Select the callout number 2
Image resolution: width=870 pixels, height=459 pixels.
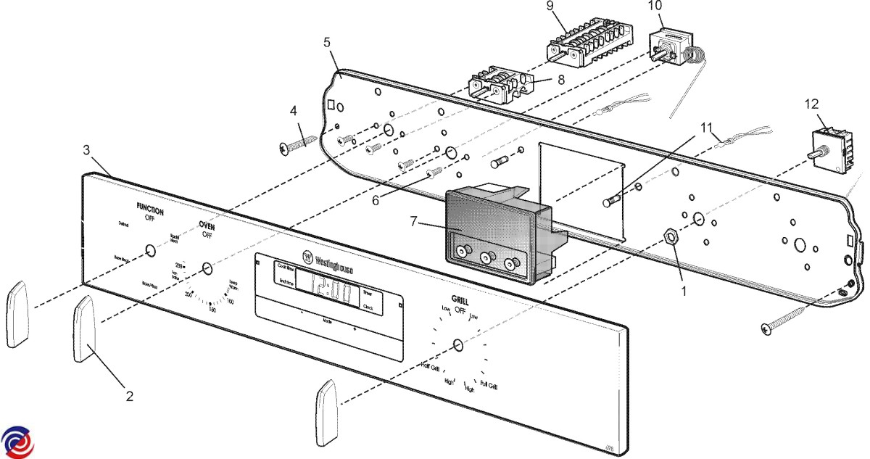(129, 396)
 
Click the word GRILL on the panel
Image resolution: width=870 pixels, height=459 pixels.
(459, 299)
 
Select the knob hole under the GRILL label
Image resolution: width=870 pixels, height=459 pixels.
(457, 345)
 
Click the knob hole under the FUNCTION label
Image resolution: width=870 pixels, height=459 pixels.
(149, 251)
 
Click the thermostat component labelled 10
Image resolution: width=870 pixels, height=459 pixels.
(667, 45)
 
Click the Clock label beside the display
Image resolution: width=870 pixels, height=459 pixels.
(368, 307)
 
